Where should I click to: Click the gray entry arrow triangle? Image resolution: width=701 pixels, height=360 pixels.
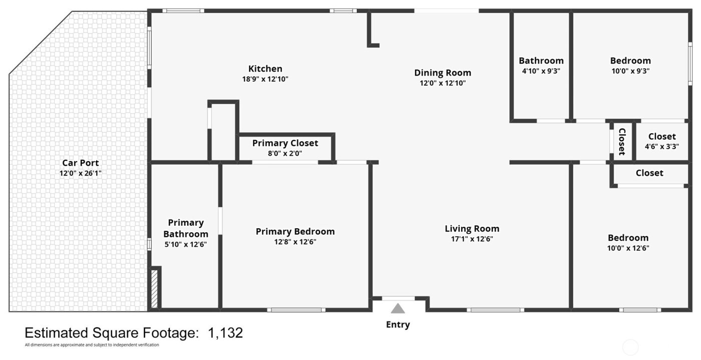[x=398, y=308]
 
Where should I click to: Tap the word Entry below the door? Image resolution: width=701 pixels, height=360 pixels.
[x=398, y=324]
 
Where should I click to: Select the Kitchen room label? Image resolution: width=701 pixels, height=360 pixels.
[x=265, y=69]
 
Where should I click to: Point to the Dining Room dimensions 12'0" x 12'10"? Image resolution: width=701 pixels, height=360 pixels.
[x=443, y=83]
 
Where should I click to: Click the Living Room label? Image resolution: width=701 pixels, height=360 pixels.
[x=472, y=229]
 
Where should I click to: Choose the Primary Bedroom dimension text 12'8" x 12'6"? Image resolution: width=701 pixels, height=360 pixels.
[x=295, y=242]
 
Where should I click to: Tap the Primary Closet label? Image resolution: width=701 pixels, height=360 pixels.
[x=285, y=143]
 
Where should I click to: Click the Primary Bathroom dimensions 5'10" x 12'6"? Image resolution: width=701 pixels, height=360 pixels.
[x=186, y=244]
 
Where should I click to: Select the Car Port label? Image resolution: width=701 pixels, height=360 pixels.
[x=80, y=163]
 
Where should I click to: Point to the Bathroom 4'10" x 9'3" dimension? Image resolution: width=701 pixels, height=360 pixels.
[x=541, y=71]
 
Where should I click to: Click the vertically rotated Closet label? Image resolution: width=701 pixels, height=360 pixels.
[x=622, y=142]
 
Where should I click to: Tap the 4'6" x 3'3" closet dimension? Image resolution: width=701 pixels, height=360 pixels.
[x=662, y=147]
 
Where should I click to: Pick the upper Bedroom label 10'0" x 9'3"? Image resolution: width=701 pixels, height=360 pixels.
[x=630, y=61]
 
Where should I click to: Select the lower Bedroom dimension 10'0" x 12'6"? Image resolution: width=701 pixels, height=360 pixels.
[x=628, y=248]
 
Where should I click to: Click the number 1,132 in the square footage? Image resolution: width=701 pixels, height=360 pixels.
[x=225, y=333]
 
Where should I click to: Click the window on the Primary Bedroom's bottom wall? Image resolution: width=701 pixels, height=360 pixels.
[x=296, y=310]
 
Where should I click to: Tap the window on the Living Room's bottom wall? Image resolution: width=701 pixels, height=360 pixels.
[x=496, y=310]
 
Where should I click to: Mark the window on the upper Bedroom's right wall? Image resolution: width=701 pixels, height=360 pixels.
[x=689, y=63]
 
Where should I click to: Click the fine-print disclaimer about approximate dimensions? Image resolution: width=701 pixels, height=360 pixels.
[x=92, y=345]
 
